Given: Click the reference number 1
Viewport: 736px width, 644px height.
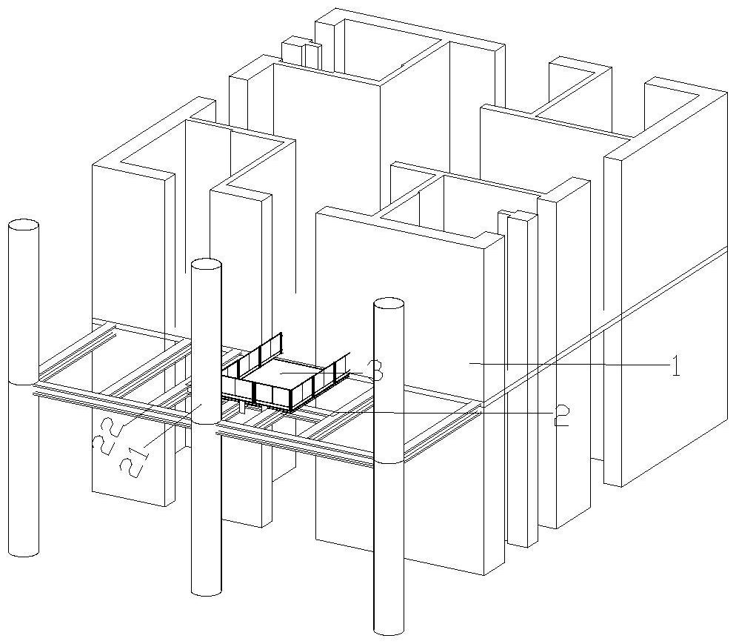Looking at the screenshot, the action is pyautogui.click(x=675, y=366).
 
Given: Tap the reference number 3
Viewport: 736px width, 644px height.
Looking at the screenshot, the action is pyautogui.click(x=376, y=371).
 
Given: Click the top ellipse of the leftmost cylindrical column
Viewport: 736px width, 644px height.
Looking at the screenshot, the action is pyautogui.click(x=24, y=225).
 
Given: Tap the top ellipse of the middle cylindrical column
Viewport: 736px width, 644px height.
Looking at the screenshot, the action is pyautogui.click(x=206, y=265).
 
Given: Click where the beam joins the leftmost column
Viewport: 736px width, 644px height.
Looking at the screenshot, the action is pyautogui.click(x=24, y=384).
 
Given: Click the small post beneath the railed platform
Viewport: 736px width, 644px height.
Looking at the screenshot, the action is pyautogui.click(x=241, y=407).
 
